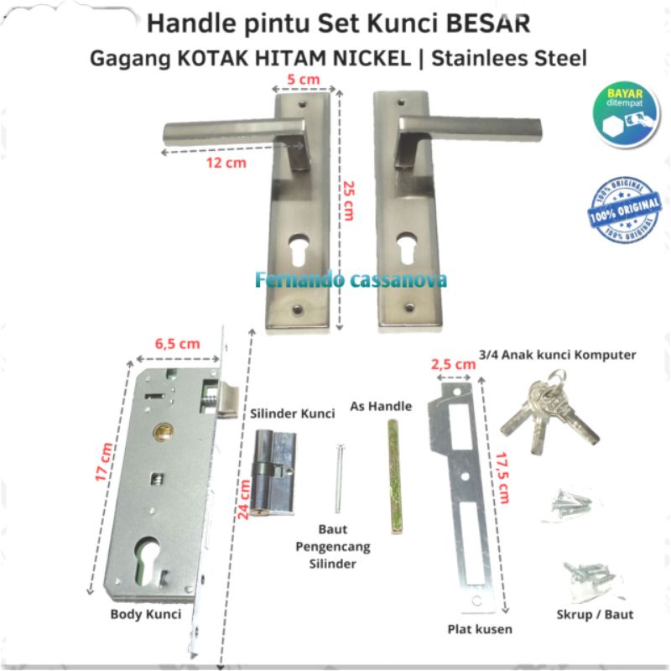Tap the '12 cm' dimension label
tap(226, 163)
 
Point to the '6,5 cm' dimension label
tap(177, 342)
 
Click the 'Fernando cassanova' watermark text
tap(351, 279)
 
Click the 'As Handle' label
tap(392, 407)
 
